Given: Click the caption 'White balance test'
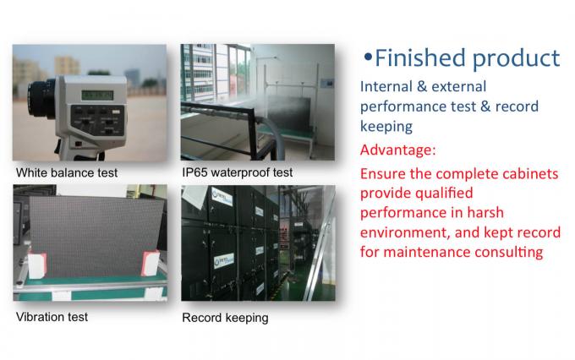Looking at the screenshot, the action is coord(67,172).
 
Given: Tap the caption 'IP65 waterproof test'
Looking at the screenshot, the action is coord(238,172).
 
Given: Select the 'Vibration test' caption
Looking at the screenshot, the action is coord(52,317).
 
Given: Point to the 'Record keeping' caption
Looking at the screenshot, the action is coord(225,318).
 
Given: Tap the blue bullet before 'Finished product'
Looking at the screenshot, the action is coord(368,57).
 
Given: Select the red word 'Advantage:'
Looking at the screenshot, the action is coord(398,150).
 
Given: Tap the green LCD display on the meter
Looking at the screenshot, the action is coord(97,95).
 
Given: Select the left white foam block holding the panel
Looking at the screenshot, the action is coord(37,265).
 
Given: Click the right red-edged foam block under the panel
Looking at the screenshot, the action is coord(151,263).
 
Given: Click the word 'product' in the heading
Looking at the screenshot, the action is coord(517,59).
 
